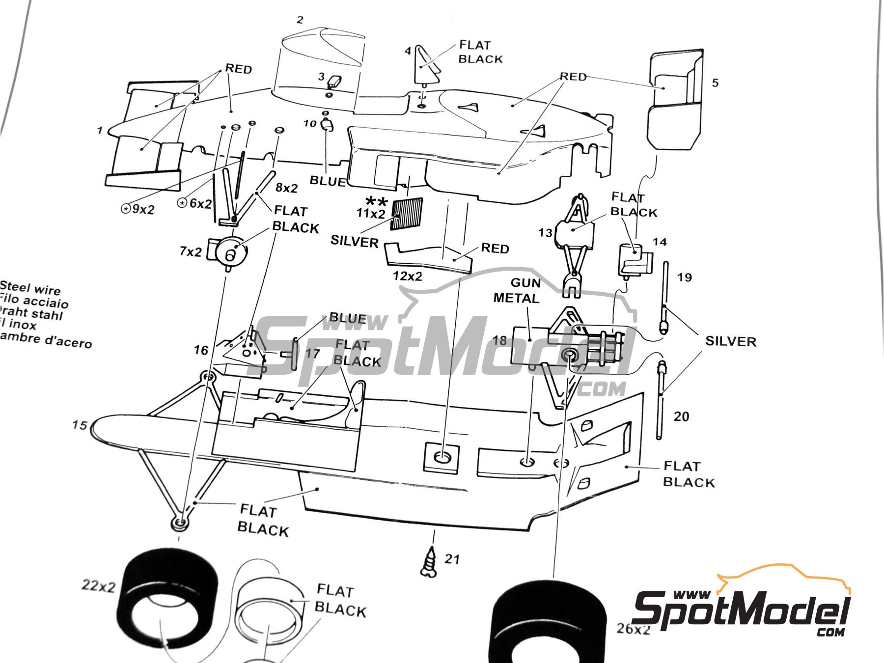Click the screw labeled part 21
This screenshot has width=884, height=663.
(x=430, y=561)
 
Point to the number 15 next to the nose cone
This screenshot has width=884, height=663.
(x=79, y=425)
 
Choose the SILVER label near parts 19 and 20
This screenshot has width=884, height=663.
(x=730, y=341)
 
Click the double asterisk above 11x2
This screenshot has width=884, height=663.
(x=377, y=201)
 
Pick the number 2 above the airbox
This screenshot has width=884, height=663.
(x=300, y=20)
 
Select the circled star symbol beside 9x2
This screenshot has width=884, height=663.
(x=126, y=209)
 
